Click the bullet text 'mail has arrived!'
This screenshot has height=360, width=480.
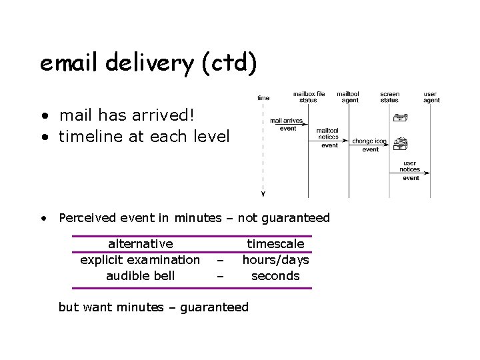(127, 115)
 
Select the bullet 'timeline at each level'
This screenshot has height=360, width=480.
(143, 137)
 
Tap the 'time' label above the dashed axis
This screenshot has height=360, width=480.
(263, 98)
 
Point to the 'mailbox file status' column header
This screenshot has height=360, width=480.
(308, 97)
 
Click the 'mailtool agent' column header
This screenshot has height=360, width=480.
(349, 97)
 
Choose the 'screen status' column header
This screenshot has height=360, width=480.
(389, 97)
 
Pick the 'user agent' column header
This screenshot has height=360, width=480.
(431, 97)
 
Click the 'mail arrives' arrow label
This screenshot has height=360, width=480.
(286, 121)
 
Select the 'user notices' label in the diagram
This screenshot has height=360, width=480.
(411, 166)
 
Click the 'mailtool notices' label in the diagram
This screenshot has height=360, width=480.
(327, 133)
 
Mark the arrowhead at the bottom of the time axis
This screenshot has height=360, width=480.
(263, 195)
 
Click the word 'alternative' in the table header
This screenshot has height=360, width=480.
(140, 244)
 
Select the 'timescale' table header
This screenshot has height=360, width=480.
(275, 244)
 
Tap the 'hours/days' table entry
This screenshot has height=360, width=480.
(275, 259)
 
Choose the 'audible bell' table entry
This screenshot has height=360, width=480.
(140, 275)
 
